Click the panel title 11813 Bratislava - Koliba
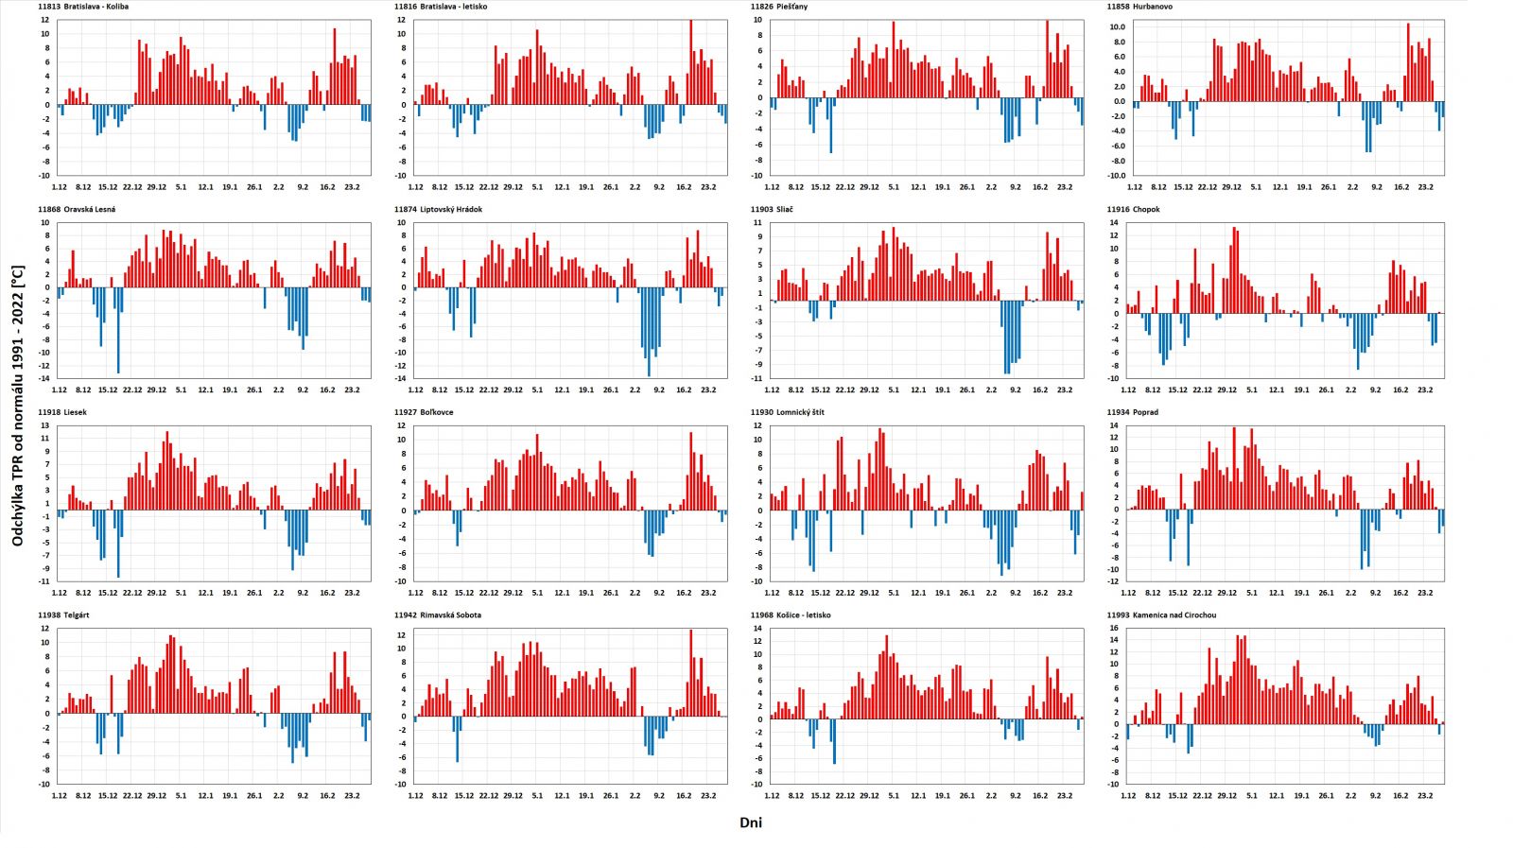click(x=83, y=7)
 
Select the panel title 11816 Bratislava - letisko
click(x=441, y=7)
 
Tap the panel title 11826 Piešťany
click(x=779, y=7)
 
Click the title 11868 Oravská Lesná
click(x=77, y=210)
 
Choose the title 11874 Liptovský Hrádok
click(x=438, y=210)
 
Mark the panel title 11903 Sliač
click(x=772, y=210)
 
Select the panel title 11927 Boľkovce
click(x=425, y=412)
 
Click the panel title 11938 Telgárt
click(x=64, y=615)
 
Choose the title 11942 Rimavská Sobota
click(x=438, y=615)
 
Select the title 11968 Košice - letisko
click(x=791, y=615)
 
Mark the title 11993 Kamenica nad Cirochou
click(x=1161, y=615)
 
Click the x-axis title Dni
click(x=751, y=823)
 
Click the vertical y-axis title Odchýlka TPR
click(x=17, y=406)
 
